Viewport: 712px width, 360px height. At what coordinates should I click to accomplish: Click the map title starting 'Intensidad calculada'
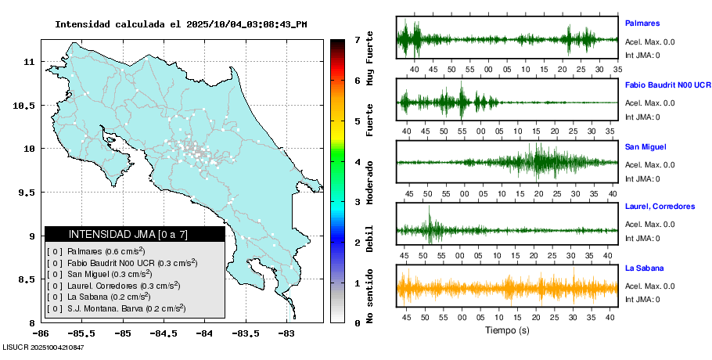[181, 24]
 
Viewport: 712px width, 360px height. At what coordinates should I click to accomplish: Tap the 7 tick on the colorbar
[357, 39]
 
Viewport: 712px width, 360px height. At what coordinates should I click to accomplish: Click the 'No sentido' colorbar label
[370, 297]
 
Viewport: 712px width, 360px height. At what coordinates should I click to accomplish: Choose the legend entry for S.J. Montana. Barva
[116, 309]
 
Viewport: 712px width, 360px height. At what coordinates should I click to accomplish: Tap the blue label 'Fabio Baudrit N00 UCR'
[667, 85]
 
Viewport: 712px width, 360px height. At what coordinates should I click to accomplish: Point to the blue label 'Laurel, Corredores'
[660, 207]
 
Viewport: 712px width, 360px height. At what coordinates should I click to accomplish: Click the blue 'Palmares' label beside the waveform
[642, 23]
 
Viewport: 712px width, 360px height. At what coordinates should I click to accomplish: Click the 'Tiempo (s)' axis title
[507, 330]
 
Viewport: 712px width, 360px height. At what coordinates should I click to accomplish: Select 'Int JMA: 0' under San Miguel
[642, 178]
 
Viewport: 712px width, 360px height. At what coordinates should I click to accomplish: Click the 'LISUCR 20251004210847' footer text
[43, 346]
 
